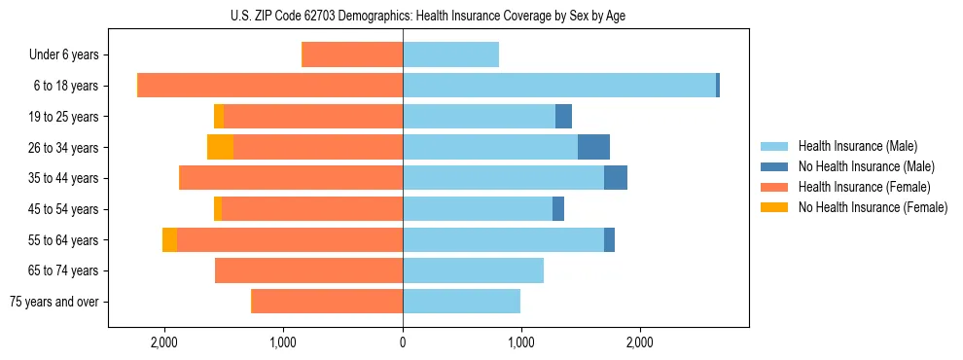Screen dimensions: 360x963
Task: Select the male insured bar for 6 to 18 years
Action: pos(559,86)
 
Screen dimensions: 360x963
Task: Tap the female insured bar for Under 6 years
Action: pos(352,54)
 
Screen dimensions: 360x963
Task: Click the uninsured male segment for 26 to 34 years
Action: pos(593,147)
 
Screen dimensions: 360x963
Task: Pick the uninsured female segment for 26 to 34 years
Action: pos(221,147)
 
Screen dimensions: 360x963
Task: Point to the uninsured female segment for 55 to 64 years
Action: pos(169,239)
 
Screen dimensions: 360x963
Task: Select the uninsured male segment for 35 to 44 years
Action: pos(616,178)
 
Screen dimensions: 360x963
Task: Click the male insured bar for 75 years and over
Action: pos(461,302)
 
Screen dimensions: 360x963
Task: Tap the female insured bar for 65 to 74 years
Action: pos(308,270)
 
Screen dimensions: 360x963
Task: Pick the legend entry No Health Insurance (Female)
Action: pos(873,207)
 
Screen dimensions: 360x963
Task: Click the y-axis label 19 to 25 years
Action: pos(63,117)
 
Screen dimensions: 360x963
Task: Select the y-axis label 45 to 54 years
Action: pos(63,209)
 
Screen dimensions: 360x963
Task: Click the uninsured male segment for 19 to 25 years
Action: pos(563,117)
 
